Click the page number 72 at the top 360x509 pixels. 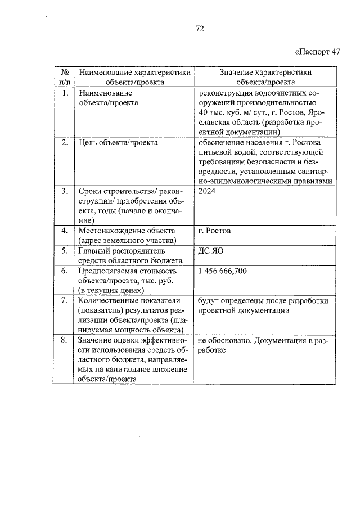199,29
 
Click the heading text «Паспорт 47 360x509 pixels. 318,52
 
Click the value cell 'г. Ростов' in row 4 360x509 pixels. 214,231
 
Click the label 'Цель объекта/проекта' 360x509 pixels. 119,142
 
